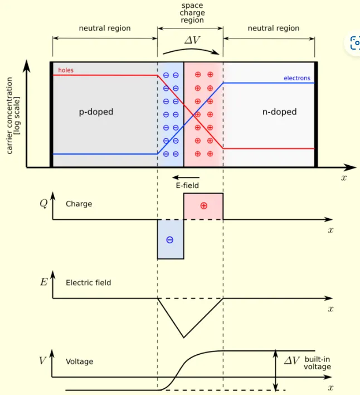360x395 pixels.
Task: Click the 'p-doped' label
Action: (96, 112)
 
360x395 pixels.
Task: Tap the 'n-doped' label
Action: (279, 112)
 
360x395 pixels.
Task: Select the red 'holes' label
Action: (66, 70)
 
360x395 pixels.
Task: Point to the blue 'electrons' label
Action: (296, 79)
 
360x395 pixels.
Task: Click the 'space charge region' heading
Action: (192, 13)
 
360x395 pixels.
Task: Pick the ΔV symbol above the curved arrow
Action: (192, 40)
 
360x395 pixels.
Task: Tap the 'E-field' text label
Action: (187, 186)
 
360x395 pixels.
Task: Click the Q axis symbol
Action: (43, 204)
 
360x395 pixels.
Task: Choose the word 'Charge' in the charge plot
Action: (79, 204)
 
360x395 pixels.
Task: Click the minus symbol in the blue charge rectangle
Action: (170, 240)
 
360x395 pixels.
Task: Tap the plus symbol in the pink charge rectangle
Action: (203, 206)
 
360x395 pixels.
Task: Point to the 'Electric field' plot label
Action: (88, 283)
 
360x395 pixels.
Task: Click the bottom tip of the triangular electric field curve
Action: (183, 337)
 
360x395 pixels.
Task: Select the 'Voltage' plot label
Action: (79, 362)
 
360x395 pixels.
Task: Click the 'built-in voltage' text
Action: (317, 363)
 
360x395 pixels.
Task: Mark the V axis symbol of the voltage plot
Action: (43, 360)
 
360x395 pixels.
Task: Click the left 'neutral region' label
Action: (105, 28)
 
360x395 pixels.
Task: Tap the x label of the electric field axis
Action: (330, 309)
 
